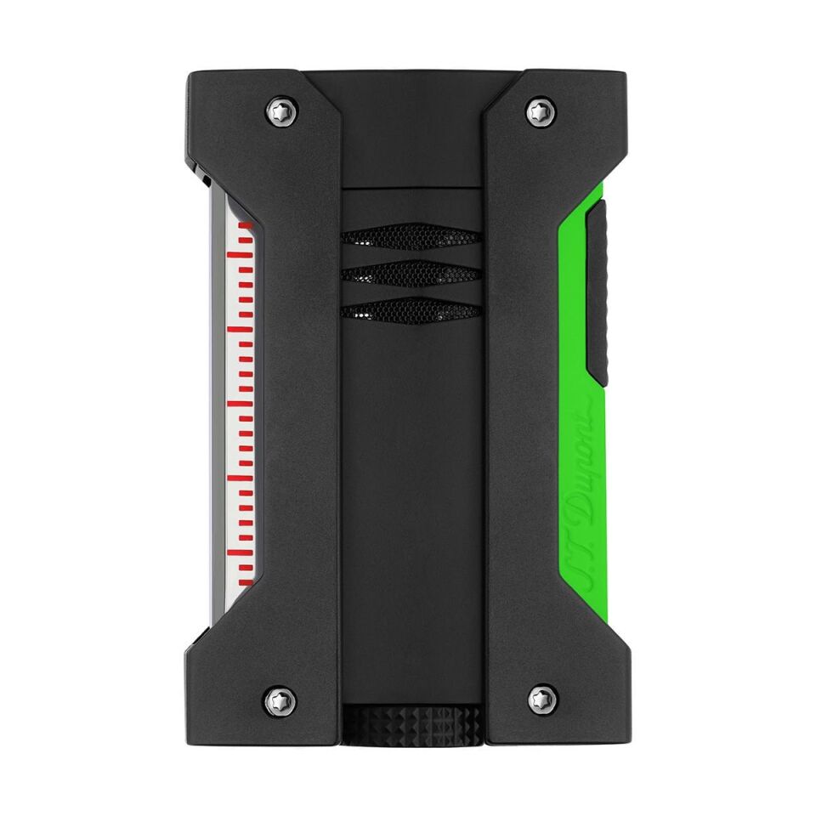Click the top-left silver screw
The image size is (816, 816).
(x=283, y=110)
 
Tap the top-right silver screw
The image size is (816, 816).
(x=541, y=110)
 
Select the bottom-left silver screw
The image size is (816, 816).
(x=283, y=700)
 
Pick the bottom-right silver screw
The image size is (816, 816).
(x=541, y=700)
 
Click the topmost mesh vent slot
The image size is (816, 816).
(x=411, y=237)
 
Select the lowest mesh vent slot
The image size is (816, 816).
(x=411, y=312)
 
